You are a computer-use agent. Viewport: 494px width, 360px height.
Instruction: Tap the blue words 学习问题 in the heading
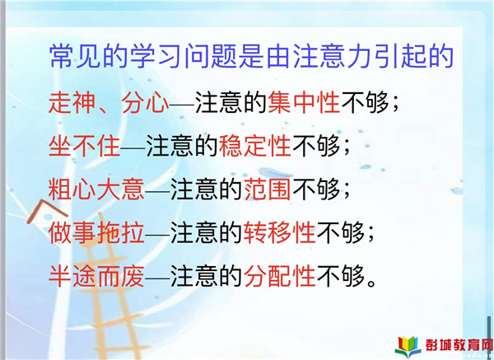pos(184,57)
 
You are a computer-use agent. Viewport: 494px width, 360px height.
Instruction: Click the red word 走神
pos(72,102)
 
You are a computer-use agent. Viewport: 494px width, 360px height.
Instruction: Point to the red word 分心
pos(146,102)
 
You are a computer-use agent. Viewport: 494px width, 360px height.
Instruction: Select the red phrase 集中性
pos(304,102)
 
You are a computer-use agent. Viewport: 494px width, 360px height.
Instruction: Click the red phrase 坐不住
pos(85,146)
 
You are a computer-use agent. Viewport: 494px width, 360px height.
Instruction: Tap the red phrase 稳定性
pos(255,146)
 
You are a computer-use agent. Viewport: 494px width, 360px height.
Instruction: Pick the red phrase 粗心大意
pos(96,189)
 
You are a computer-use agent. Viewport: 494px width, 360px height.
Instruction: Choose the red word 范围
pos(267,189)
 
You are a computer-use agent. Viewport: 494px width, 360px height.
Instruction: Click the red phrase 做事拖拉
pos(96,232)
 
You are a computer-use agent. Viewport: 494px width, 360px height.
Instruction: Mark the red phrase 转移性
pos(279,232)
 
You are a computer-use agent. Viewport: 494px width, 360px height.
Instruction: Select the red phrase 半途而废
pos(96,276)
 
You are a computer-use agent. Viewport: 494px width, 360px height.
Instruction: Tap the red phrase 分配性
pos(279,276)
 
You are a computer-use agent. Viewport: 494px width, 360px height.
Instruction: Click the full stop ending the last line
pos(372,283)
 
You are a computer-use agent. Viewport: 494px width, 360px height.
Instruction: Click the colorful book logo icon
pos(408,347)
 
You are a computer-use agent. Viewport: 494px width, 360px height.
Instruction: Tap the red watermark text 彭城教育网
pos(459,344)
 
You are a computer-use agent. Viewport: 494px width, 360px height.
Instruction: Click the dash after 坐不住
pos(133,147)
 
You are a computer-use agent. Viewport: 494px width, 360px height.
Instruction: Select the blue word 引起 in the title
pos(401,57)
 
